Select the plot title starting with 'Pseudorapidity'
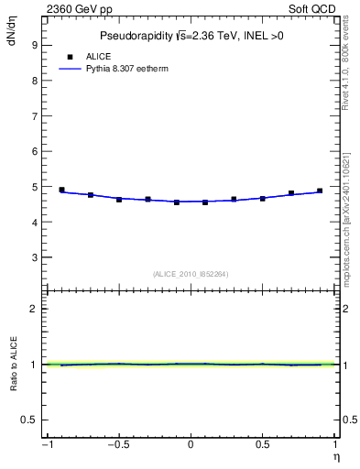point(191,37)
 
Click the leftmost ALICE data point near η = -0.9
point(61,190)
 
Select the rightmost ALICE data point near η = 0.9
point(320,191)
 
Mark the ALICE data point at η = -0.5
point(119,199)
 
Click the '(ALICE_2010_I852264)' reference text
point(191,274)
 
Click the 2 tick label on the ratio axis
point(33,309)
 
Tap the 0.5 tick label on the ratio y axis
point(29,420)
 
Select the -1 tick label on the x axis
point(45,445)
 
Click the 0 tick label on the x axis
point(191,445)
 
